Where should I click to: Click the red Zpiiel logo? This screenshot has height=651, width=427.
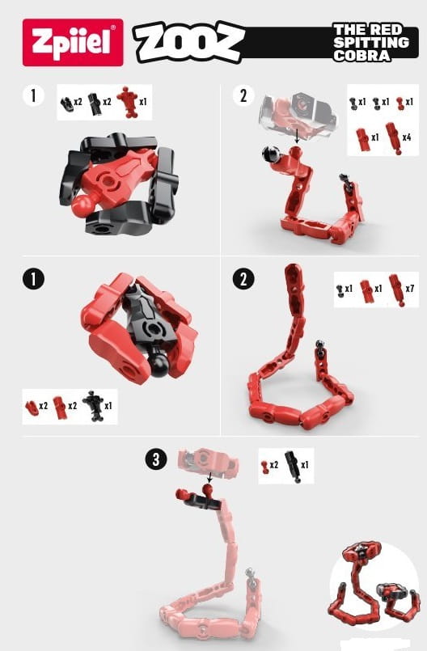tap(73, 42)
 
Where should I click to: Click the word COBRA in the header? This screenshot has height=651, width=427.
tap(361, 56)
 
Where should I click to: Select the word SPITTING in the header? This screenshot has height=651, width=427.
tap(371, 42)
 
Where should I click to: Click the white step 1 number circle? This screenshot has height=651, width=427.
tap(33, 95)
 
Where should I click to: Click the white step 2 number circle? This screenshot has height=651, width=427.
tap(243, 95)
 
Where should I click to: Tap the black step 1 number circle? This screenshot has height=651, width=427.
tap(33, 278)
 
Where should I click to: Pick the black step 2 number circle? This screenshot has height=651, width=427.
tap(243, 278)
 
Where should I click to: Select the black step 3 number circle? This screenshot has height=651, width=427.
tap(156, 459)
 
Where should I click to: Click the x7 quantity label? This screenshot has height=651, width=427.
tap(409, 288)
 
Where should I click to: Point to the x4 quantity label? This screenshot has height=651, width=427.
tap(407, 137)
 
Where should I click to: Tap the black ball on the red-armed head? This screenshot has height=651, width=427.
tap(159, 366)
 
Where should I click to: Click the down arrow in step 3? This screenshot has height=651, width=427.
tap(209, 477)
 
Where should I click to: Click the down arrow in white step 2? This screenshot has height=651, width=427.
tap(297, 136)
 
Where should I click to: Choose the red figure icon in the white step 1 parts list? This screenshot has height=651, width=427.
tap(128, 102)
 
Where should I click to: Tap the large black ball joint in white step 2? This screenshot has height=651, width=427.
tap(269, 154)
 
